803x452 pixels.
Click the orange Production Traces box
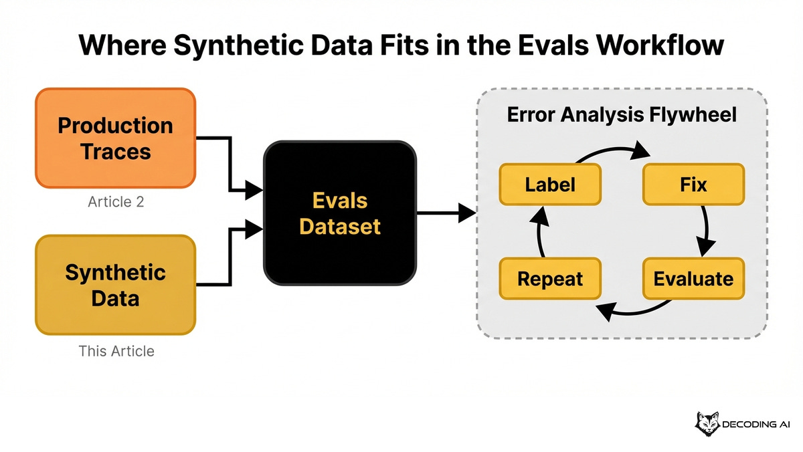coord(115,138)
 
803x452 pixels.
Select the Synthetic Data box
coord(115,284)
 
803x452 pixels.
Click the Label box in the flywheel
coord(550,184)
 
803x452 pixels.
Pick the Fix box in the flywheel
coord(693,184)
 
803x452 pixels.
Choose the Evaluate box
coord(693,278)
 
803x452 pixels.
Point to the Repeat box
coord(550,278)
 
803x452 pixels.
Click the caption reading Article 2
coord(116,201)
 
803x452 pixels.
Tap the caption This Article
coord(116,350)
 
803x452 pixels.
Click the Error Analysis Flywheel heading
coord(622,114)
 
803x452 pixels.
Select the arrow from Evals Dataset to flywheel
coord(446,214)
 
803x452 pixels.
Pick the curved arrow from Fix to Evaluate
coord(705,231)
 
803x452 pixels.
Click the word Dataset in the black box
coord(339,226)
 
